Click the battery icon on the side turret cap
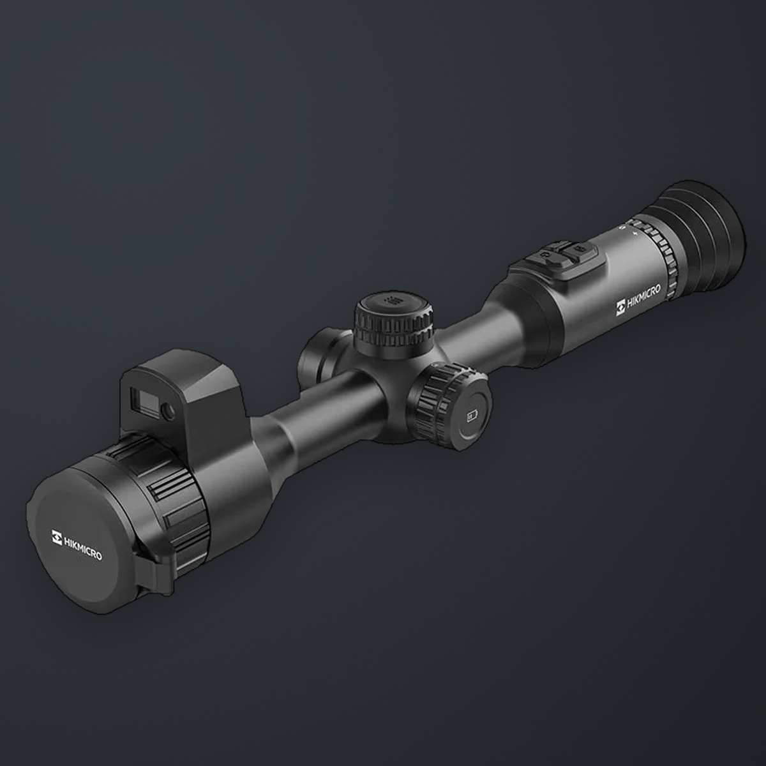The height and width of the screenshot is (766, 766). [x=472, y=417]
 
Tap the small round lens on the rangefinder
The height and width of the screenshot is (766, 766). [x=169, y=412]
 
